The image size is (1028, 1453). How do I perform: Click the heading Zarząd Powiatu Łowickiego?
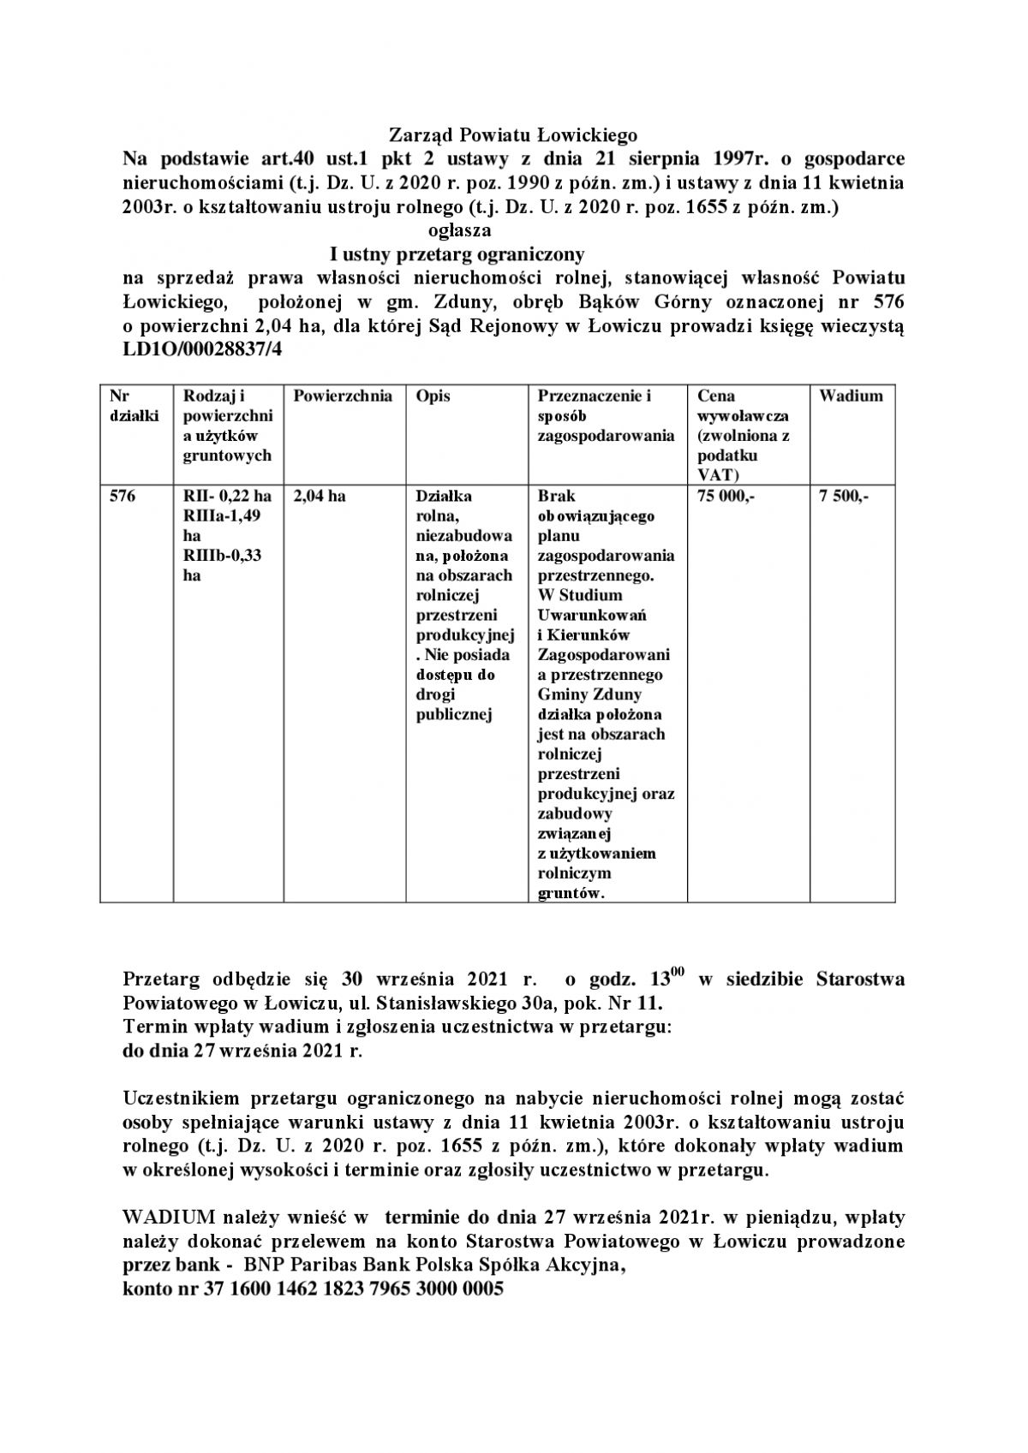(x=514, y=135)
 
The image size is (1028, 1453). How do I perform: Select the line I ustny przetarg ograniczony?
(x=457, y=254)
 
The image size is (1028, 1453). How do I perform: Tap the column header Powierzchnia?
(x=343, y=396)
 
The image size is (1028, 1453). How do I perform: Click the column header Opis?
(x=433, y=396)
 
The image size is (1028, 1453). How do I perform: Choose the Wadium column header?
(x=851, y=396)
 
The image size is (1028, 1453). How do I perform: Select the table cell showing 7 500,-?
(x=844, y=497)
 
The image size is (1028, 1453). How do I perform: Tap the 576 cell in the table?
(x=123, y=497)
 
